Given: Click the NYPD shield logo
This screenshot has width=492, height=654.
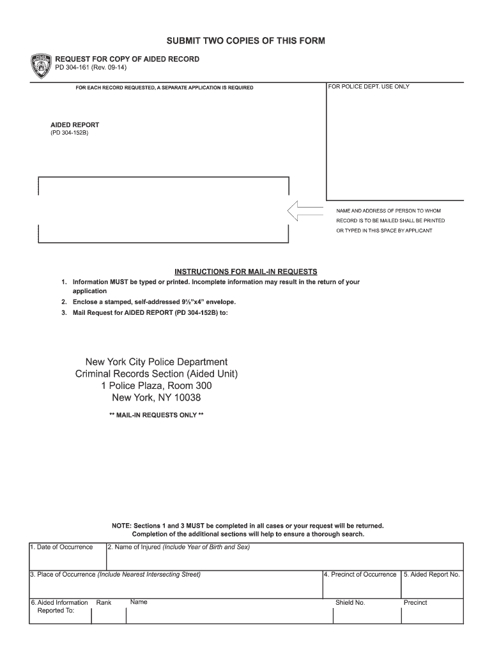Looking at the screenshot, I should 41,66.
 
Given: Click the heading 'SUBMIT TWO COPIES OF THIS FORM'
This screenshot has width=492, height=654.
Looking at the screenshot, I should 246,41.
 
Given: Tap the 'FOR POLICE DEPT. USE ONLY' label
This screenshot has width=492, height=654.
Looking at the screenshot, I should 369,86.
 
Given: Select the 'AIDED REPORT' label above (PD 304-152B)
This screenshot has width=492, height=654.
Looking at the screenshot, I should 75,125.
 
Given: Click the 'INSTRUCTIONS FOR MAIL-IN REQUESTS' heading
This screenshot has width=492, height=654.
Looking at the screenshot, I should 246,271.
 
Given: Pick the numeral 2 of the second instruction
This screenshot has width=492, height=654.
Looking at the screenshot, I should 64,302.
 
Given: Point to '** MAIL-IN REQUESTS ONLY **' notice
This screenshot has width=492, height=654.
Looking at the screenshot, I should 157,415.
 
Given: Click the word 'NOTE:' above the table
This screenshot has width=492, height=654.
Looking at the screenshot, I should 121,526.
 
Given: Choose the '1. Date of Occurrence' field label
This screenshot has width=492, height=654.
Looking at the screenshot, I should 61,547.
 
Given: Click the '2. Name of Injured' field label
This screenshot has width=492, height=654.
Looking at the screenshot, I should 134,547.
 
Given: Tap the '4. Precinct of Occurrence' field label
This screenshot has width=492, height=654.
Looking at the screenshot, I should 360,575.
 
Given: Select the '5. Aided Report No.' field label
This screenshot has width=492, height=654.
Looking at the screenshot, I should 431,575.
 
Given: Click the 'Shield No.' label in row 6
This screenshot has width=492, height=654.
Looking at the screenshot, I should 350,602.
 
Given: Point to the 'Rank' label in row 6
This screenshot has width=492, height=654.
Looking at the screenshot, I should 104,602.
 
